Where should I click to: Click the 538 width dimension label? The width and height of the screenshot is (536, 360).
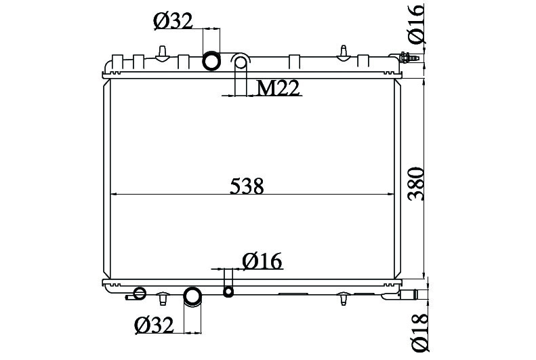pos(247,186)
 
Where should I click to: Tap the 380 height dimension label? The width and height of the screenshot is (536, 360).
pos(417,183)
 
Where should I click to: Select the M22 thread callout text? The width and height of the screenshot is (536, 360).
pos(279,88)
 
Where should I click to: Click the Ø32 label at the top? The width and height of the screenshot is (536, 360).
pos(173,21)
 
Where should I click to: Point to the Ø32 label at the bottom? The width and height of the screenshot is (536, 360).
pos(154,325)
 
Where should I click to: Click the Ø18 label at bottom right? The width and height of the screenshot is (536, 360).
pos(420,332)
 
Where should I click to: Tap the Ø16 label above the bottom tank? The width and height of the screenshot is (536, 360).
pos(262,261)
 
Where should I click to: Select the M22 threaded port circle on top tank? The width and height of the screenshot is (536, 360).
pos(241,62)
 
